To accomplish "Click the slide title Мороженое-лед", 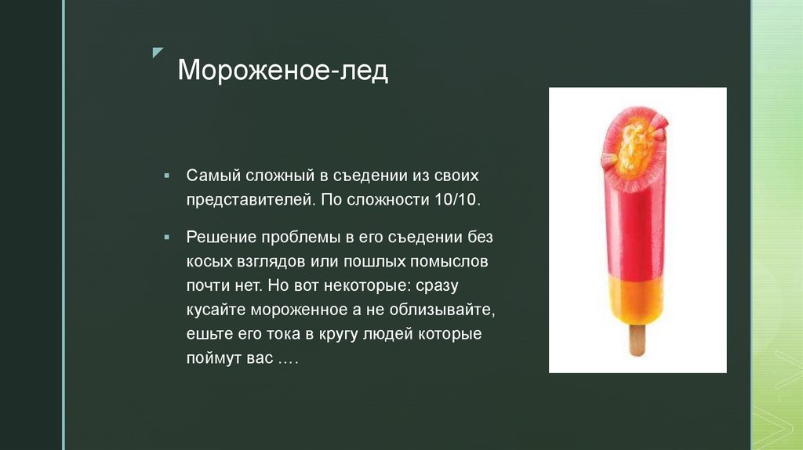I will [282, 71].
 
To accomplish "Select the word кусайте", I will [213, 310].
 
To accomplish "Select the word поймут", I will [212, 358].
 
